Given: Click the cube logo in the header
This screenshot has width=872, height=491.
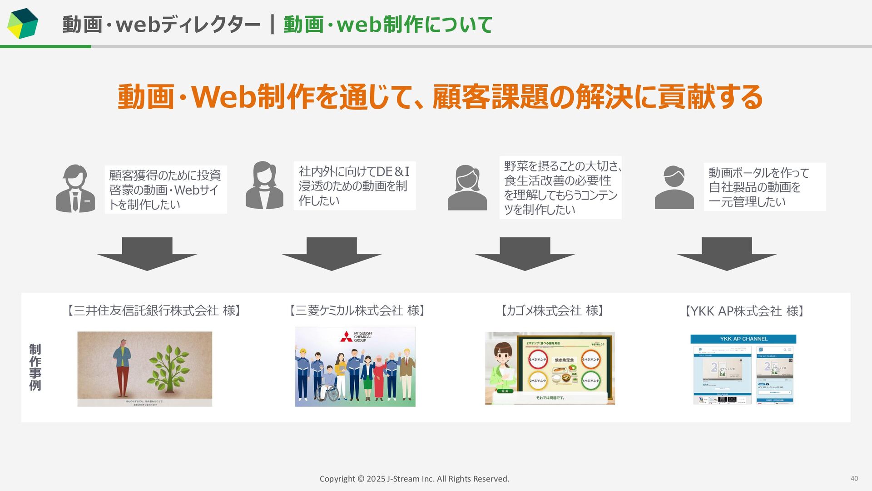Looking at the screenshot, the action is [23, 23].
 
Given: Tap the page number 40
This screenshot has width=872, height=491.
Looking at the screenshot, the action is [854, 478].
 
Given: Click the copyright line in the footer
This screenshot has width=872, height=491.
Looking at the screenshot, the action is [414, 479].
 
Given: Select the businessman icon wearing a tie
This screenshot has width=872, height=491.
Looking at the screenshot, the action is [75, 188].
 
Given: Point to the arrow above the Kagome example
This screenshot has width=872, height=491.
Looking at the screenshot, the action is [525, 253].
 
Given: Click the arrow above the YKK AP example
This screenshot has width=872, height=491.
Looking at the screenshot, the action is [726, 253].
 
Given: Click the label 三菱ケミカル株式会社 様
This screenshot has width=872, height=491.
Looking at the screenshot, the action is [357, 311].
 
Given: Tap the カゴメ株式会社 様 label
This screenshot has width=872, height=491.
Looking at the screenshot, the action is [552, 311].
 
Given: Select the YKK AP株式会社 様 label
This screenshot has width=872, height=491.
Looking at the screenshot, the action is [744, 311].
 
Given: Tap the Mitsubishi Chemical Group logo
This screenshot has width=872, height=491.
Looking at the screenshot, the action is [357, 336].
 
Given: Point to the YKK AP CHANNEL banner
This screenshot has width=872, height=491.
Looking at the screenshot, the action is [743, 339].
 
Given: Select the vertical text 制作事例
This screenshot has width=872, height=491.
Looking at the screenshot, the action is [35, 367].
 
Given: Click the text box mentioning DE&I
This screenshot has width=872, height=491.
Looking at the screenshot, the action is [354, 185].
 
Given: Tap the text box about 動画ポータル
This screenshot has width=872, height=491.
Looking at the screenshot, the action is [764, 187].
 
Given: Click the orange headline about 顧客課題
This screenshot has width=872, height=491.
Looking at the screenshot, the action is [440, 97].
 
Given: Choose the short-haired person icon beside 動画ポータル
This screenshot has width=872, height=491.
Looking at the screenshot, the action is [674, 187].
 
